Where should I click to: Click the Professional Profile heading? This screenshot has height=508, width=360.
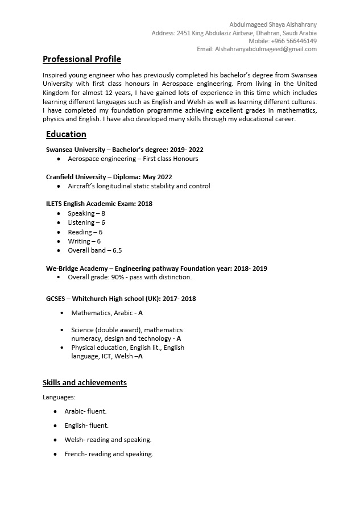click(x=81, y=59)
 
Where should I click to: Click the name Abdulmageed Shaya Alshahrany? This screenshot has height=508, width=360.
click(x=273, y=24)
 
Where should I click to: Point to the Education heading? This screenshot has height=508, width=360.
click(x=66, y=134)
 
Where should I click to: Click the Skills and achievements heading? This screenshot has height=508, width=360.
click(x=85, y=382)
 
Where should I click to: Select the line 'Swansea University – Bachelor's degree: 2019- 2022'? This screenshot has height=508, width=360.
click(x=125, y=150)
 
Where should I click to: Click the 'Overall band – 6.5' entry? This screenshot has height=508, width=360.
click(x=94, y=250)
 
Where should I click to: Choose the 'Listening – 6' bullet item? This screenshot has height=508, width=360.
click(x=86, y=222)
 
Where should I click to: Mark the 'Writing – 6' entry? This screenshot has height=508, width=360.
click(x=84, y=241)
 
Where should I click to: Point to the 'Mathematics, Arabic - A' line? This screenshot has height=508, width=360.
click(x=107, y=313)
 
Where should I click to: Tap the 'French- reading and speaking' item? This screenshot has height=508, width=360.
click(x=109, y=454)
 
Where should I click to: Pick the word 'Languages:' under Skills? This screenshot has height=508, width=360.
click(x=59, y=397)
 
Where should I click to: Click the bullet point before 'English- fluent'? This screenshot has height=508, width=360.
click(x=55, y=426)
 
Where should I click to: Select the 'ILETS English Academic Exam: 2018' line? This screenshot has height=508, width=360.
click(x=99, y=204)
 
